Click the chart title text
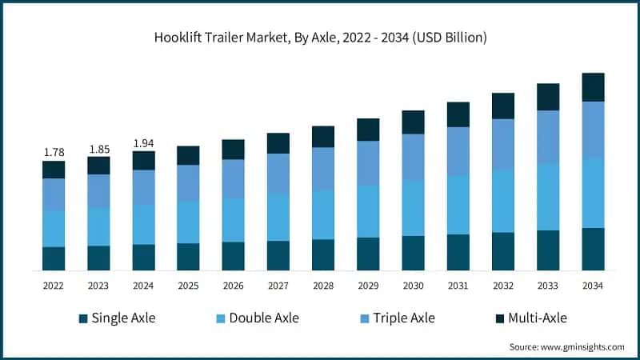321,38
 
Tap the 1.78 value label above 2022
54,152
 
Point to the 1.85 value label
98,148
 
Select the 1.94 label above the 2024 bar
143,143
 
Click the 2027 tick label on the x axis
278,286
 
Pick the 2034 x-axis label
593,286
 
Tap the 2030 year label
413,286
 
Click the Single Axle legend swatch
82,318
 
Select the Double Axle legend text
263,318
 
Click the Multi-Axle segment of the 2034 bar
593,87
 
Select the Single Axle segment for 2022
54,258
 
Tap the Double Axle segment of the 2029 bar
368,211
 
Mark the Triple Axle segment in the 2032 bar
503,144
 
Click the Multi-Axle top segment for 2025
188,155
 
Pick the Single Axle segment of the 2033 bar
548,250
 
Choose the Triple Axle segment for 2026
233,178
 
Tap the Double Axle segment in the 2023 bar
98,227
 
